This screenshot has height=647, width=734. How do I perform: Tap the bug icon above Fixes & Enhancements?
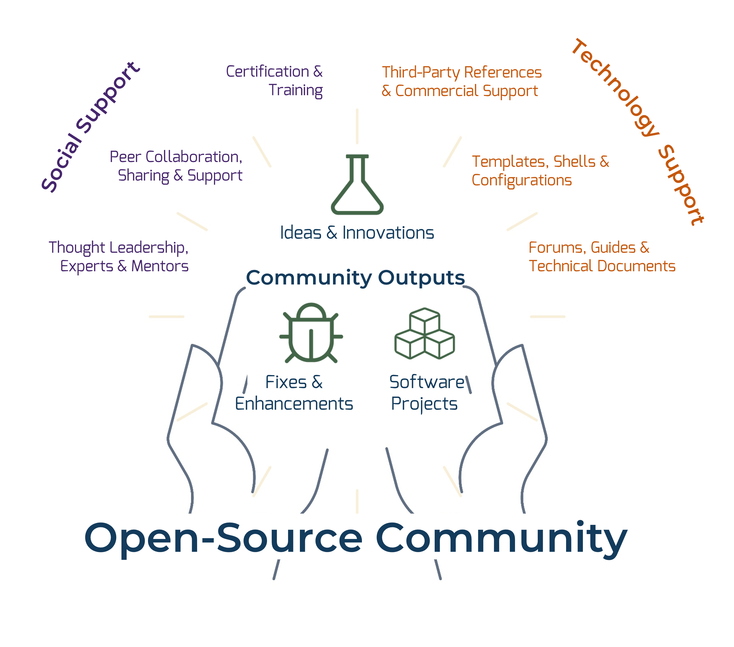(x=311, y=334)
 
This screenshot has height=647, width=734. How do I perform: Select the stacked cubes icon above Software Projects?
(x=425, y=334)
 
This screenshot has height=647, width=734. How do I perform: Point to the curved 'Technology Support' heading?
(x=639, y=129)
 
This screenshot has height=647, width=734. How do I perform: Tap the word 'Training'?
(x=296, y=90)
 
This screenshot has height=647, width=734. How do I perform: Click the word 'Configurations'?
(x=521, y=180)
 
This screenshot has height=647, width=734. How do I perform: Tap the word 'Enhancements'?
(x=294, y=404)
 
